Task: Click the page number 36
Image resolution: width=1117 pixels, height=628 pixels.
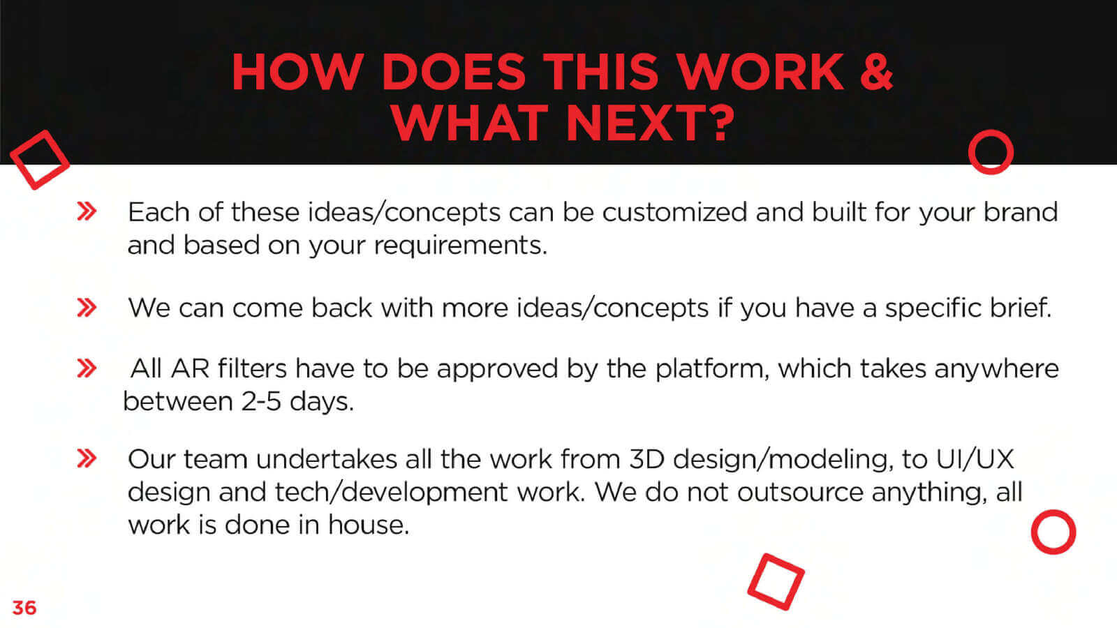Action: pos(24,608)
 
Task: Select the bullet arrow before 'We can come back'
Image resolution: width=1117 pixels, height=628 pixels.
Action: pos(87,308)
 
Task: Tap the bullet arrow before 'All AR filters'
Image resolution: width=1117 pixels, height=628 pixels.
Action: pos(87,368)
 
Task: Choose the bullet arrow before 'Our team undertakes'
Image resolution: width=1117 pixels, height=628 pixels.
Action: pos(87,458)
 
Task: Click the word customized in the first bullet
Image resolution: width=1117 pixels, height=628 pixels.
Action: pos(674,212)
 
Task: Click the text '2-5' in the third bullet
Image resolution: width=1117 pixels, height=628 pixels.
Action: pos(261,401)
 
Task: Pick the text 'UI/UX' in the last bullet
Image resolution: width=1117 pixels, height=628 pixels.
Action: pos(975,459)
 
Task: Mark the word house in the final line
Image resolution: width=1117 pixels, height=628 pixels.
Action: pos(368,525)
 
